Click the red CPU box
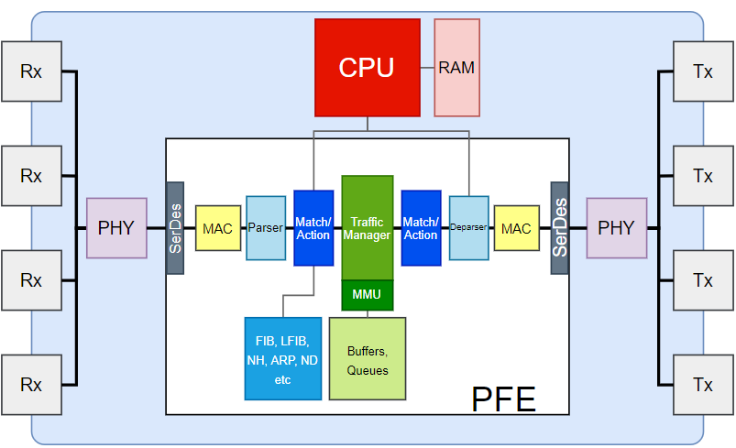click(x=367, y=67)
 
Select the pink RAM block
click(x=456, y=67)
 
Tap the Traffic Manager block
click(x=367, y=227)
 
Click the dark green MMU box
click(x=367, y=295)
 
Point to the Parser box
click(x=266, y=228)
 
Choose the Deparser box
click(x=468, y=228)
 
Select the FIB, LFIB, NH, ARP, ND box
click(x=282, y=358)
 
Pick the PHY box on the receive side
click(x=116, y=228)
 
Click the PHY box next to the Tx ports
click(x=616, y=228)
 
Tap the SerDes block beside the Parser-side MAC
click(x=175, y=228)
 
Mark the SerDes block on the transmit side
click(x=559, y=228)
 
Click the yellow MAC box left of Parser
click(x=218, y=228)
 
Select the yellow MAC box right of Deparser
click(x=516, y=228)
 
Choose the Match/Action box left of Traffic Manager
click(x=313, y=228)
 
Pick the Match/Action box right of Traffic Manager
click(x=421, y=228)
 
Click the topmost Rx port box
click(x=32, y=71)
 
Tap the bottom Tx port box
click(x=703, y=385)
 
